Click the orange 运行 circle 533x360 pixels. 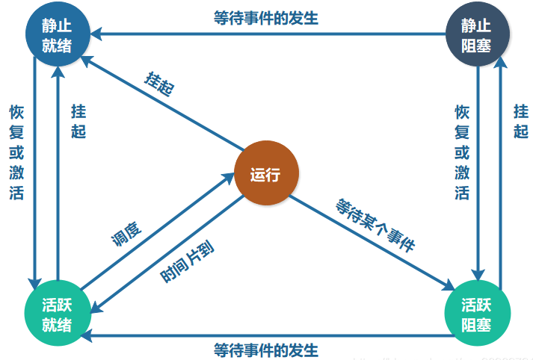[x=266, y=173]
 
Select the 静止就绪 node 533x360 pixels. [x=58, y=34]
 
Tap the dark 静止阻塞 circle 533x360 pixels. [x=478, y=34]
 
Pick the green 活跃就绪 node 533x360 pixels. [x=58, y=313]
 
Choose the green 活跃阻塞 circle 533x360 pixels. [x=478, y=313]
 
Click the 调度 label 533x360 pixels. [x=126, y=233]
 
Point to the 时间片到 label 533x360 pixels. [x=188, y=261]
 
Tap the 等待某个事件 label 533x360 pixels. [x=375, y=225]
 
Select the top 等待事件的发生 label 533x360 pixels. [x=266, y=18]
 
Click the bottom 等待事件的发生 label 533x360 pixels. [x=266, y=350]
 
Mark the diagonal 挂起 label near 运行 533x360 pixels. [x=159, y=84]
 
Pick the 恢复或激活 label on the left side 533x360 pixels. [x=16, y=152]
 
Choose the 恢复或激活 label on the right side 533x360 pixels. [x=462, y=152]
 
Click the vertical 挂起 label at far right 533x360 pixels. [x=521, y=121]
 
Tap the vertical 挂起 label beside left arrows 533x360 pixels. [x=78, y=121]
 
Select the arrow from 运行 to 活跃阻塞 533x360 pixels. [x=372, y=243]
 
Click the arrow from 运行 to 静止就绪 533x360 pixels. [x=162, y=103]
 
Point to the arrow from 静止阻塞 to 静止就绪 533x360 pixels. [x=268, y=34]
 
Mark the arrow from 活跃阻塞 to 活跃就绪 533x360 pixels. [x=267, y=336]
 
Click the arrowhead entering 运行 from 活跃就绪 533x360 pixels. [x=228, y=178]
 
